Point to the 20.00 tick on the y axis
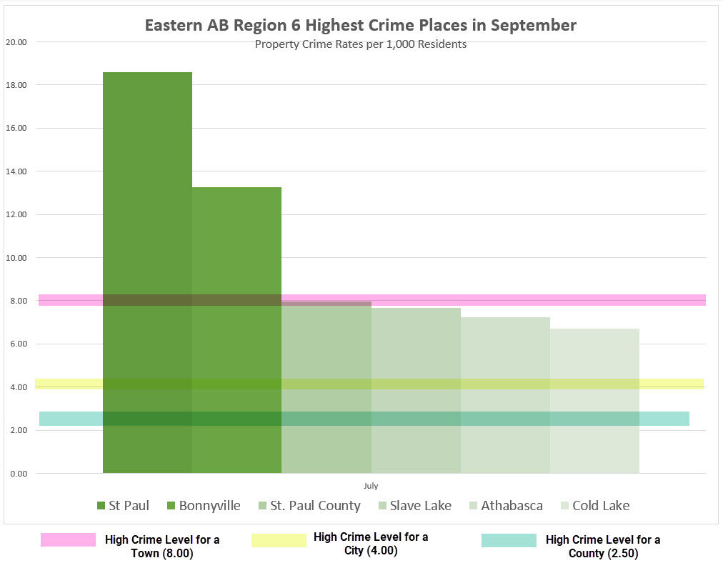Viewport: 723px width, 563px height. tap(16, 41)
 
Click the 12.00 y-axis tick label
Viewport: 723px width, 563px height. tap(16, 214)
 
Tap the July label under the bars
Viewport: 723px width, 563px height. tap(371, 486)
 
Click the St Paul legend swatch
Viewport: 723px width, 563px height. tap(101, 506)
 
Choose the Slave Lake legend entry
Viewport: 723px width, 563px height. tap(420, 506)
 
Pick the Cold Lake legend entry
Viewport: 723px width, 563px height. tap(601, 506)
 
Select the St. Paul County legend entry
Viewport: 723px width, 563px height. tap(315, 506)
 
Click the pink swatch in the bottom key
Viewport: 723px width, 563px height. tap(68, 540)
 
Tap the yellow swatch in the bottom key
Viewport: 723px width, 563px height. tap(279, 540)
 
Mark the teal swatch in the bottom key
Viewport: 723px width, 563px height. tap(509, 540)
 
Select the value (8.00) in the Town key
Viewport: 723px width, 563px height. tap(176, 553)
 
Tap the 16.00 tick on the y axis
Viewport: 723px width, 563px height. tap(16, 128)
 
